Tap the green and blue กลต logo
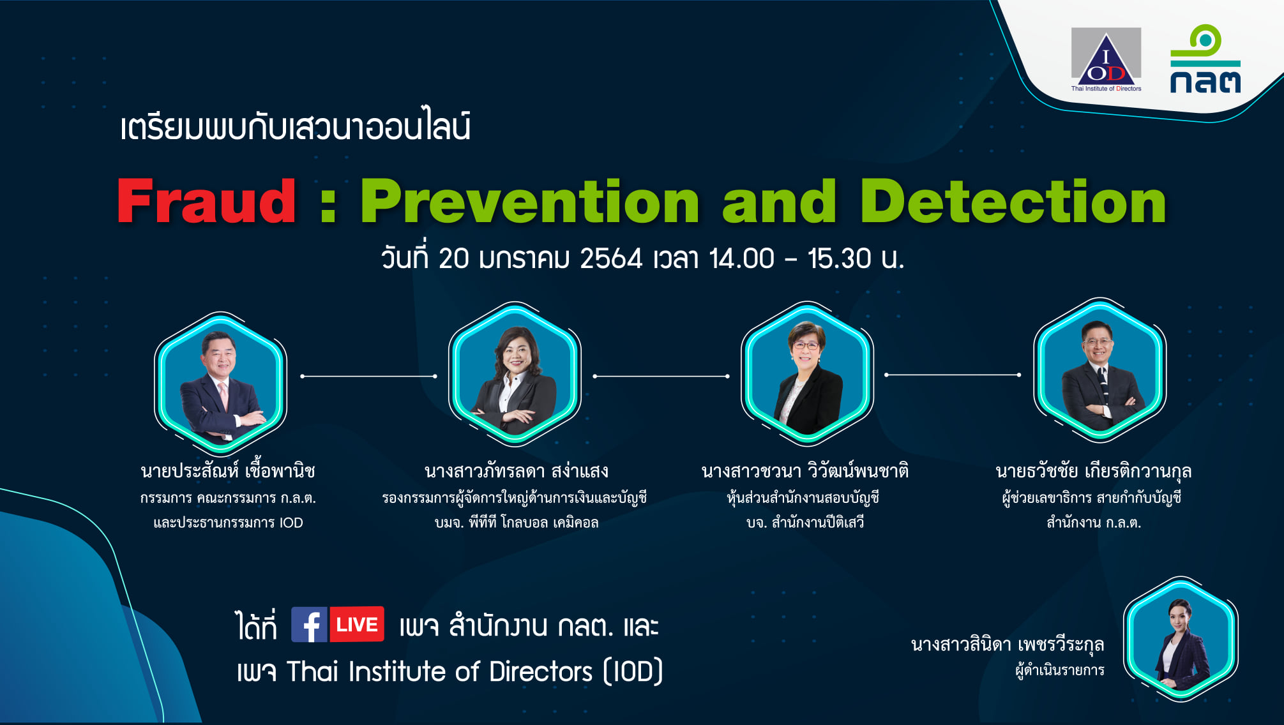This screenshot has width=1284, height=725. (1205, 59)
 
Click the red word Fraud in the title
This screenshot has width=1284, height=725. (207, 201)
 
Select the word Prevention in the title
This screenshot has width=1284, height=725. (531, 201)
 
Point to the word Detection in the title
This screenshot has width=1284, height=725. (1013, 201)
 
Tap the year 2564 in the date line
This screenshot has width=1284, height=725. (611, 258)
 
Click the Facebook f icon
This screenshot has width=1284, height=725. (310, 624)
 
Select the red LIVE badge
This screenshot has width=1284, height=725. (357, 624)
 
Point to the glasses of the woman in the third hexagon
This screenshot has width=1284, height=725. (806, 346)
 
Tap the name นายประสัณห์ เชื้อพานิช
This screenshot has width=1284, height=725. (228, 471)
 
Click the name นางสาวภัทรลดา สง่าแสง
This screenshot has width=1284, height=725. (516, 471)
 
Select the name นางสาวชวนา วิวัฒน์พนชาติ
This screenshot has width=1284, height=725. (805, 471)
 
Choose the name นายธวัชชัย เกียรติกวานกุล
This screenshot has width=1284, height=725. (1094, 471)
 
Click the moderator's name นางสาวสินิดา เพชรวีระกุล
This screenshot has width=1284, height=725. (1008, 645)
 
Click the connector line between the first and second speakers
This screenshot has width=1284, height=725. (368, 377)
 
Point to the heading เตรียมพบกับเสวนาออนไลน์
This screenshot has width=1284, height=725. (296, 126)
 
